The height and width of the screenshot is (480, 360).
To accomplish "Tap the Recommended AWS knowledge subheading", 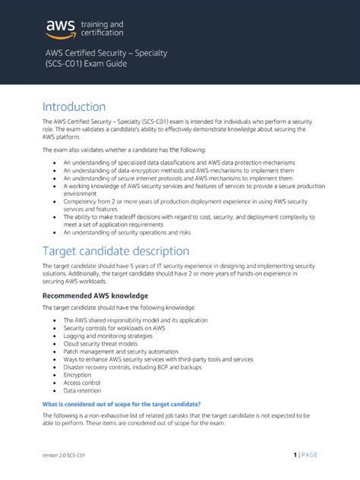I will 95,295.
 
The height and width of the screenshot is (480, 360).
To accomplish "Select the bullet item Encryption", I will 77,374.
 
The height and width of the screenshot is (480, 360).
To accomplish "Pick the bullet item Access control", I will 82,383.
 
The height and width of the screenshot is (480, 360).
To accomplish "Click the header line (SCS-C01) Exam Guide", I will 84,64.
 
